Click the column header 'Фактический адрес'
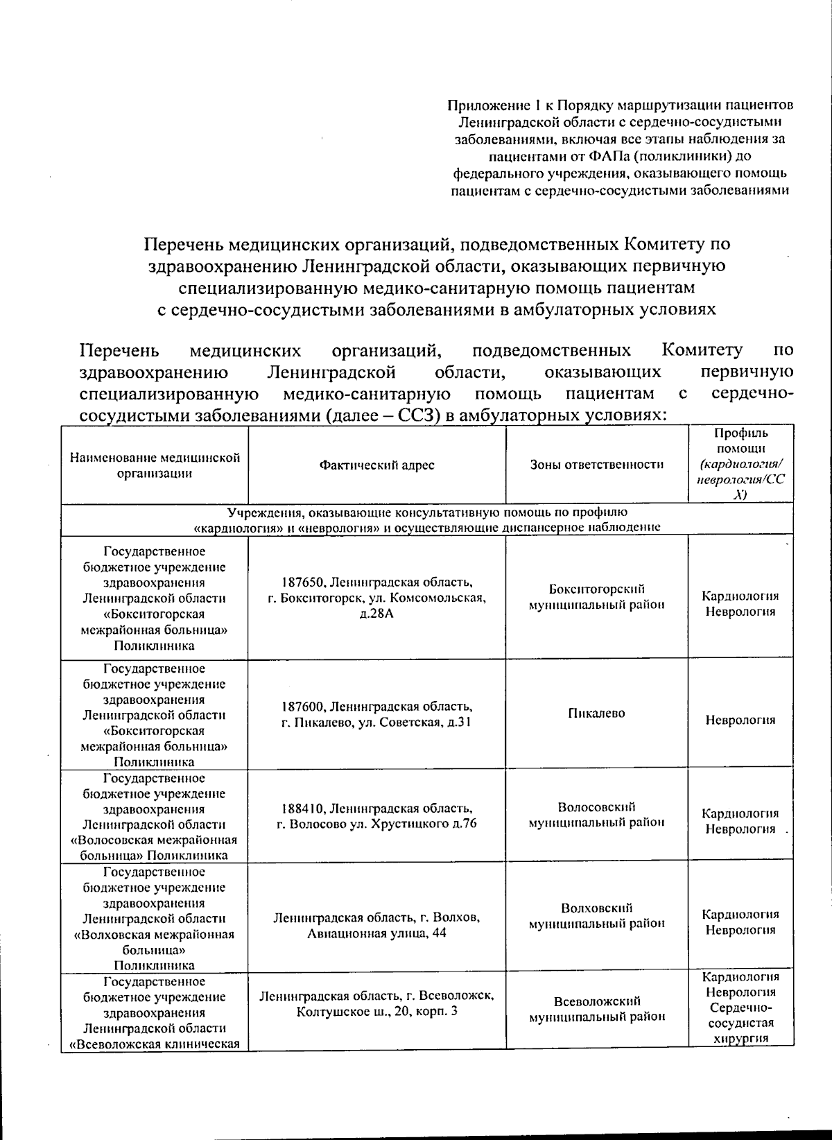pyautogui.click(x=376, y=465)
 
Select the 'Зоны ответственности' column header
pyautogui.click(x=597, y=465)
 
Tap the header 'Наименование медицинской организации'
pyautogui.click(x=155, y=465)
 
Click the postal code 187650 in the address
pyautogui.click(x=304, y=582)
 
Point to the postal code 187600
pyautogui.click(x=303, y=707)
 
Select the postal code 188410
pyautogui.click(x=303, y=808)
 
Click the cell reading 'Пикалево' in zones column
pyautogui.click(x=596, y=713)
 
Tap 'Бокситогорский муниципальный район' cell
pyautogui.click(x=596, y=596)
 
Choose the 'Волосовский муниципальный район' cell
pyautogui.click(x=596, y=815)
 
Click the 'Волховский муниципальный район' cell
pyautogui.click(x=596, y=915)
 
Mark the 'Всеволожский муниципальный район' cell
pyautogui.click(x=596, y=1009)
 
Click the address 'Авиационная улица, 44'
pyautogui.click(x=376, y=933)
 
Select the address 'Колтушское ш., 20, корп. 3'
pyautogui.click(x=376, y=1012)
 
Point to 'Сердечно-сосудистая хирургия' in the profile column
pyautogui.click(x=740, y=1023)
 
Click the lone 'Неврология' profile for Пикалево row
pyautogui.click(x=740, y=720)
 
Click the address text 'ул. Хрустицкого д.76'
pyautogui.click(x=424, y=824)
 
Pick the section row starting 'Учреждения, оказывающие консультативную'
pyautogui.click(x=427, y=519)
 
